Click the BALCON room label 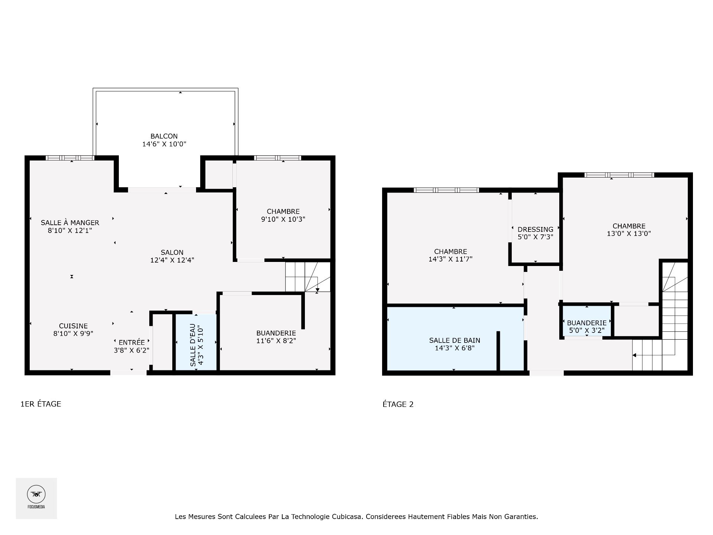point(164,136)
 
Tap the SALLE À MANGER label point(70,223)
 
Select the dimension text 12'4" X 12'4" point(172,260)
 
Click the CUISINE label point(73,326)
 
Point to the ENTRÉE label point(131,343)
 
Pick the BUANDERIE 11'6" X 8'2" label point(276,337)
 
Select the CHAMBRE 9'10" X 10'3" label point(283,215)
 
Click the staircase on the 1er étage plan point(307,277)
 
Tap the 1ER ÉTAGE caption point(41,404)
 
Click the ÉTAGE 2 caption point(398,404)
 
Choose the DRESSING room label point(535,230)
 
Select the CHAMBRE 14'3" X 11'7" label point(450,255)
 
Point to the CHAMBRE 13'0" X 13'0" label point(629,230)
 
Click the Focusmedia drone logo point(36,495)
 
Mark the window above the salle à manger point(70,158)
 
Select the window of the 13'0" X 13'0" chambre point(619,175)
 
